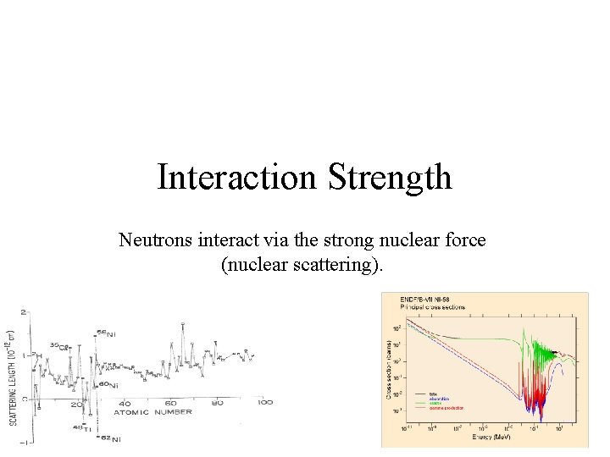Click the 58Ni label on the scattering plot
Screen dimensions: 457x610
[x=106, y=333]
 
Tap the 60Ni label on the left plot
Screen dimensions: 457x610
[x=108, y=385]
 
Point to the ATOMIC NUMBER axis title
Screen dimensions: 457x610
[x=152, y=413]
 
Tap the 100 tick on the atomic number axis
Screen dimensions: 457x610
[x=264, y=403]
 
